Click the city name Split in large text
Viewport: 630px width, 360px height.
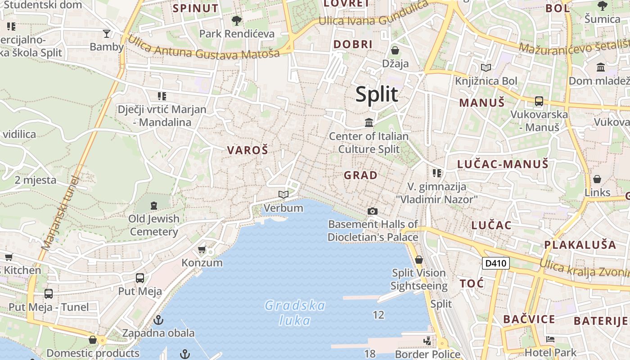(x=377, y=94)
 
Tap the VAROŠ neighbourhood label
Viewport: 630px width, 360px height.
(x=247, y=150)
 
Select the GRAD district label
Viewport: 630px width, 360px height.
(x=360, y=175)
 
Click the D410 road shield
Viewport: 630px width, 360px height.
(x=495, y=263)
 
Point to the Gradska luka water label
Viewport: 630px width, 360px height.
(x=295, y=313)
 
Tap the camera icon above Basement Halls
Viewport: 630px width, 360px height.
(x=372, y=211)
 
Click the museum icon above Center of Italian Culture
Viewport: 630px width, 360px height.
(x=369, y=122)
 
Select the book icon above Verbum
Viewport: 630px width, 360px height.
(x=283, y=195)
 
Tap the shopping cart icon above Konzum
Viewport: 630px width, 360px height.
(x=202, y=249)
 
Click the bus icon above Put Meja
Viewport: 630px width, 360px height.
(x=140, y=278)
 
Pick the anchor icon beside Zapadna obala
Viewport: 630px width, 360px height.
(x=158, y=320)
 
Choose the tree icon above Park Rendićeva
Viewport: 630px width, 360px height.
(x=237, y=20)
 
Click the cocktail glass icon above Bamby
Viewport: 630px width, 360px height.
(x=107, y=33)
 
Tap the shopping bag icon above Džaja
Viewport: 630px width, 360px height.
(x=395, y=50)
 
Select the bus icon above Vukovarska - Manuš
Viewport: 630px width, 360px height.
(x=539, y=101)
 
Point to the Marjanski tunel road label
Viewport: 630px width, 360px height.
(x=60, y=213)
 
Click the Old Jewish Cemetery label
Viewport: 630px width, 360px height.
(x=154, y=225)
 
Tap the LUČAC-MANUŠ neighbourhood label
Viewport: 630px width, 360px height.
(x=503, y=164)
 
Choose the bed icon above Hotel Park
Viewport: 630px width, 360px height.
(x=550, y=339)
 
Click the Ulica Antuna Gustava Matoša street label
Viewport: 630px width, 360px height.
(x=203, y=47)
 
